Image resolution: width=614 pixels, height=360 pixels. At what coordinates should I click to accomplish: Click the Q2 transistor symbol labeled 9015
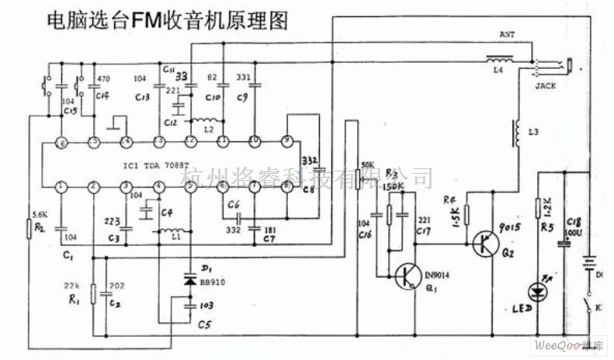[x=488, y=243]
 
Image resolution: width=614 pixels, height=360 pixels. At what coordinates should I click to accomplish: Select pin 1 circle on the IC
[x=61, y=186]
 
